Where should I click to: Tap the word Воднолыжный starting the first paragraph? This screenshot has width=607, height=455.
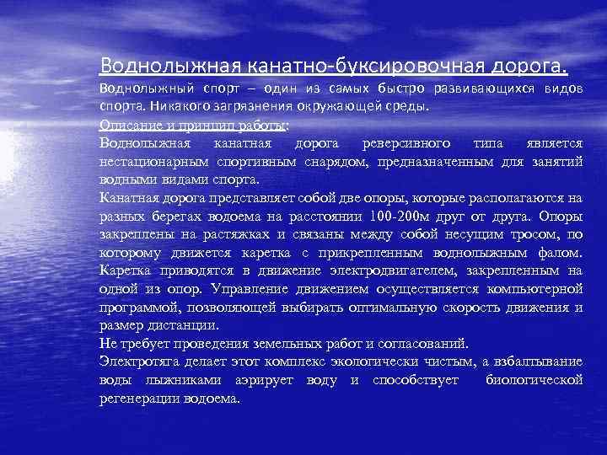click(145, 89)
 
